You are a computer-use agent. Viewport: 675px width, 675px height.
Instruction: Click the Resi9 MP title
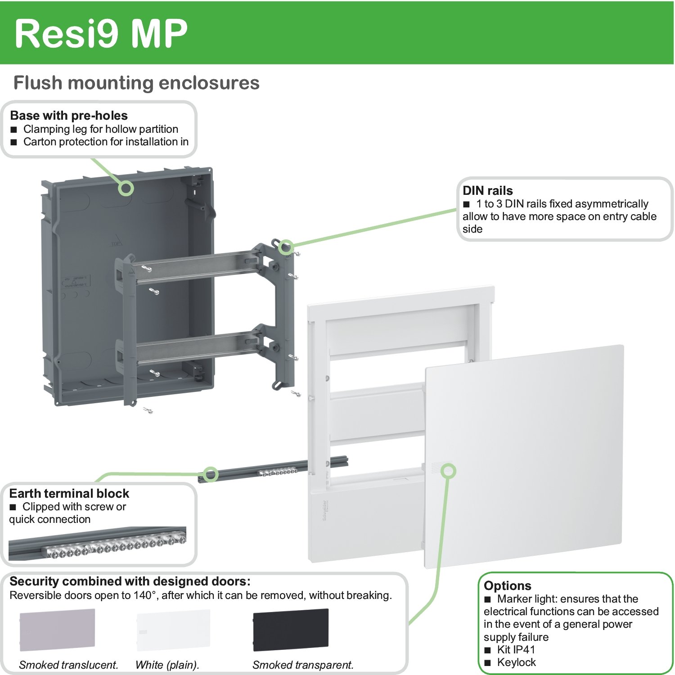pyautogui.click(x=101, y=33)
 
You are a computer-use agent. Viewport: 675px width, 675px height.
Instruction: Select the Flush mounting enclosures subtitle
pyautogui.click(x=136, y=83)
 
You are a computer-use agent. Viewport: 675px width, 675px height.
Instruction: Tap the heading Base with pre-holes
pyautogui.click(x=69, y=116)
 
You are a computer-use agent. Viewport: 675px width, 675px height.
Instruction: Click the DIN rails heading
pyautogui.click(x=487, y=190)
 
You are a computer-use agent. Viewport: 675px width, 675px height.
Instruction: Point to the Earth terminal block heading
pyautogui.click(x=69, y=494)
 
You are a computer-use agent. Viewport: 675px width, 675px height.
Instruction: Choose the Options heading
pyautogui.click(x=507, y=585)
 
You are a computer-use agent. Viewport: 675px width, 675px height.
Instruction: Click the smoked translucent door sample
pyautogui.click(x=57, y=630)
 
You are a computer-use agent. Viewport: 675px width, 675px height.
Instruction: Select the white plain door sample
pyautogui.click(x=173, y=630)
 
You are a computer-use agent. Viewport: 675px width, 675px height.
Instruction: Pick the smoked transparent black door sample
pyautogui.click(x=291, y=630)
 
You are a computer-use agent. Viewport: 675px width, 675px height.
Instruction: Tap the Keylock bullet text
pyautogui.click(x=516, y=662)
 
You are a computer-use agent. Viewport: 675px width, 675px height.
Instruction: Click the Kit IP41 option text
pyautogui.click(x=516, y=649)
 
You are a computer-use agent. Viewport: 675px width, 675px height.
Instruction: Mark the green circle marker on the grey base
pyautogui.click(x=126, y=188)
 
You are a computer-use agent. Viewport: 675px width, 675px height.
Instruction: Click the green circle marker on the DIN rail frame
pyautogui.click(x=286, y=247)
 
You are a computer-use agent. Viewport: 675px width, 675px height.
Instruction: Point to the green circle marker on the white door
pyautogui.click(x=448, y=471)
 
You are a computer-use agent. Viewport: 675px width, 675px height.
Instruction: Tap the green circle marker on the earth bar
pyautogui.click(x=211, y=474)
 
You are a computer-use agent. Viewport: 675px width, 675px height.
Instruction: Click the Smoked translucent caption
pyautogui.click(x=68, y=665)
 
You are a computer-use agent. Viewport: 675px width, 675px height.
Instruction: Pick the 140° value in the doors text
pyautogui.click(x=145, y=595)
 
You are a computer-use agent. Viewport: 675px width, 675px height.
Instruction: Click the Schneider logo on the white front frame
pyautogui.click(x=325, y=511)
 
